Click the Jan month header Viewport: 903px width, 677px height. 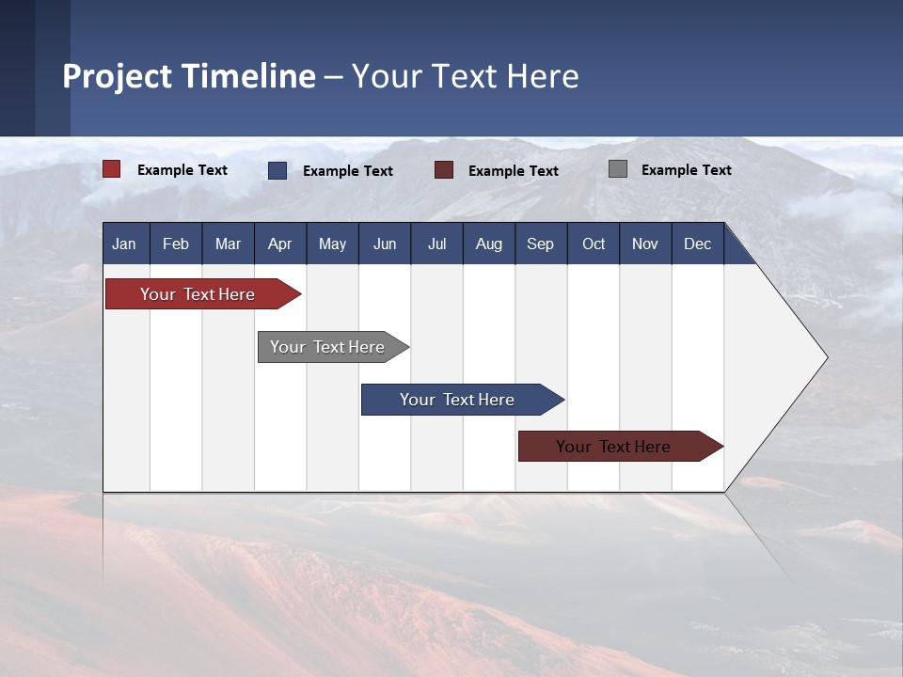pyautogui.click(x=124, y=244)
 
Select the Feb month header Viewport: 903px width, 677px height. pyautogui.click(x=176, y=244)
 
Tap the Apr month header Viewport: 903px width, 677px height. pyautogui.click(x=279, y=244)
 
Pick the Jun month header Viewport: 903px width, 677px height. pyautogui.click(x=385, y=244)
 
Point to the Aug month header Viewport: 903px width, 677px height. pyautogui.click(x=489, y=244)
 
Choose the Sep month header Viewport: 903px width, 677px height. pyautogui.click(x=541, y=244)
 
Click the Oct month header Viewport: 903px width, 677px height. pyautogui.click(x=594, y=244)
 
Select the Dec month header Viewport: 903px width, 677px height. pyautogui.click(x=697, y=244)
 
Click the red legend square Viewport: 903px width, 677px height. pyautogui.click(x=112, y=169)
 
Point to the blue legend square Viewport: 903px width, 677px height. pyautogui.click(x=277, y=170)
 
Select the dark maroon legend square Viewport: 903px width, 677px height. pyautogui.click(x=444, y=170)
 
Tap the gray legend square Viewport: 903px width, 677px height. pyautogui.click(x=618, y=169)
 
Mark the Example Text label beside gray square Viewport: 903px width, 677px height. pyautogui.click(x=686, y=170)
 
